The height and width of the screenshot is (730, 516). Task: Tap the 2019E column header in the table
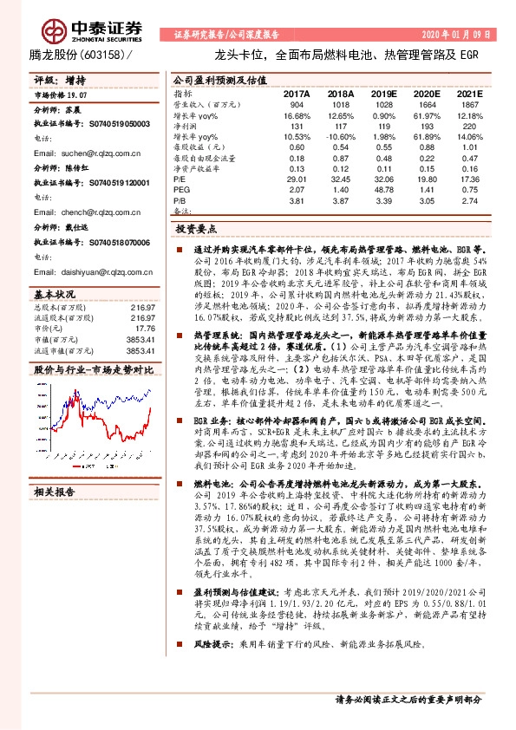pyautogui.click(x=383, y=93)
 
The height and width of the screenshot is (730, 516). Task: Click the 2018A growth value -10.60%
pyautogui.click(x=340, y=137)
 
